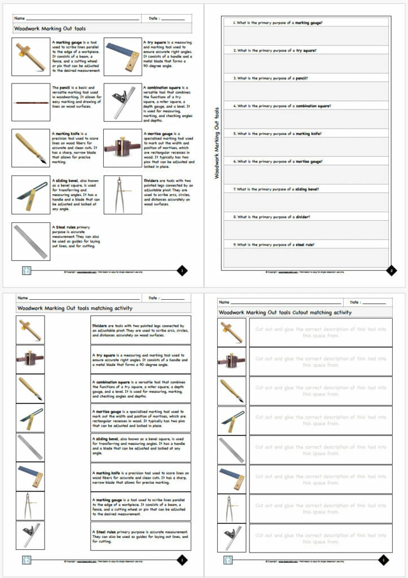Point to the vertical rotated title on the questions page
click(217, 143)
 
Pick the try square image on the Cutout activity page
click(231, 479)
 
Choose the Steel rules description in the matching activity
click(141, 535)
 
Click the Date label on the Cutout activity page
click(356, 303)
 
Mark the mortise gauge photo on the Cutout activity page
click(231, 361)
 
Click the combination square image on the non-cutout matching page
click(30, 535)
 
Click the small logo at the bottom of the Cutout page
click(228, 560)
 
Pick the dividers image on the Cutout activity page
click(231, 509)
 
